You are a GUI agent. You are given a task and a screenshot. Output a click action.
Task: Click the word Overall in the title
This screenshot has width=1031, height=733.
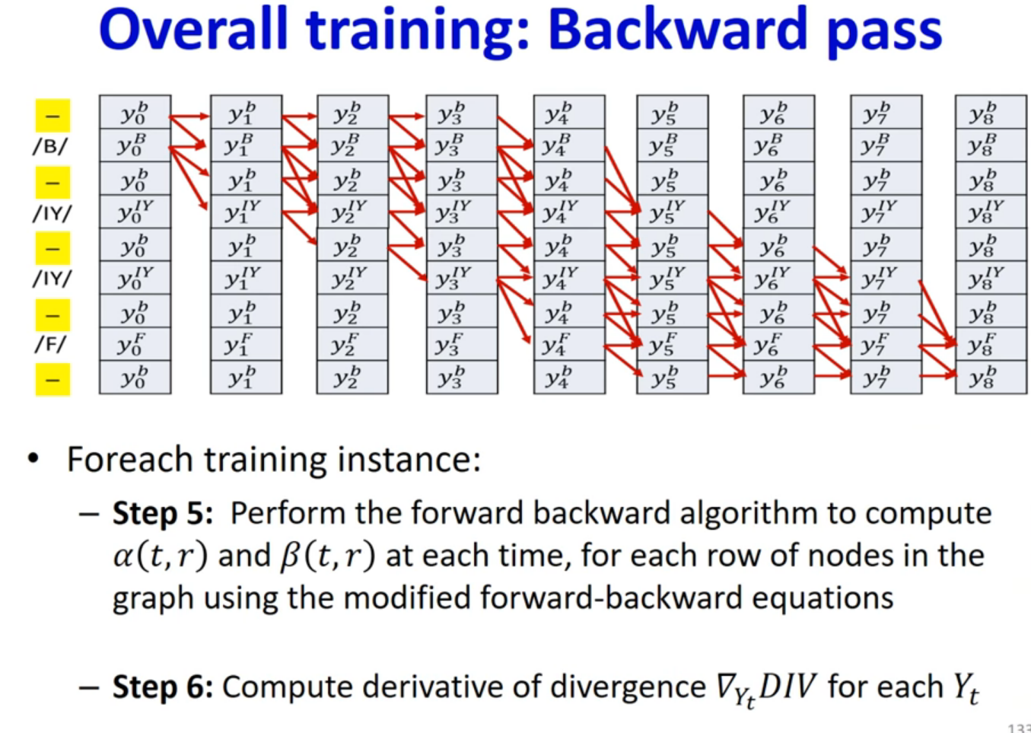tap(193, 29)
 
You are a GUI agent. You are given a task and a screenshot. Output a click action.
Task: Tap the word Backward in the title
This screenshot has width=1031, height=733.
tap(677, 29)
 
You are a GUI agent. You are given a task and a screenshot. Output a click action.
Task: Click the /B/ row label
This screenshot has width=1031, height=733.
tap(51, 146)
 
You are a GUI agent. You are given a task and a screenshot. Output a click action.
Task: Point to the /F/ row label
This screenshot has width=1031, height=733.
tap(51, 344)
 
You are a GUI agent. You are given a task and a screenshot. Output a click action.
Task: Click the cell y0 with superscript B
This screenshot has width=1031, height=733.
tap(135, 145)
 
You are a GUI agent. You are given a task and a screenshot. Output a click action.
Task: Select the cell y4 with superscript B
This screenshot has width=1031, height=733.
tap(569, 145)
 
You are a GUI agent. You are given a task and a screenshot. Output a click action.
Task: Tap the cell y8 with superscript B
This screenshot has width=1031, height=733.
tap(991, 145)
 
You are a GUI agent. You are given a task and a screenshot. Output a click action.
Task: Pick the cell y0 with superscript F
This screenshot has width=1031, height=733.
tap(135, 344)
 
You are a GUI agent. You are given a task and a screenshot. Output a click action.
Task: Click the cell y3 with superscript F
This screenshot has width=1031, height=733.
tap(462, 344)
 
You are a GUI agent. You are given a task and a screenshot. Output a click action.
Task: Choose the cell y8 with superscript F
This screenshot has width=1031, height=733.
tap(991, 344)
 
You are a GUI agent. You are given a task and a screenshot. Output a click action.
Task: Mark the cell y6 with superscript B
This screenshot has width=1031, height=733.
tap(779, 145)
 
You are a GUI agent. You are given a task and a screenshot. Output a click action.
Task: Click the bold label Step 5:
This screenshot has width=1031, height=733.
tap(163, 513)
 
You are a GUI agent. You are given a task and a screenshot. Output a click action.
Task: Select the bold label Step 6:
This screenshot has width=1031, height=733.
tap(163, 687)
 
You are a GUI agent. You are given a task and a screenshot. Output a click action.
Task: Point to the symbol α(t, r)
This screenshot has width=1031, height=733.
tap(161, 556)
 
